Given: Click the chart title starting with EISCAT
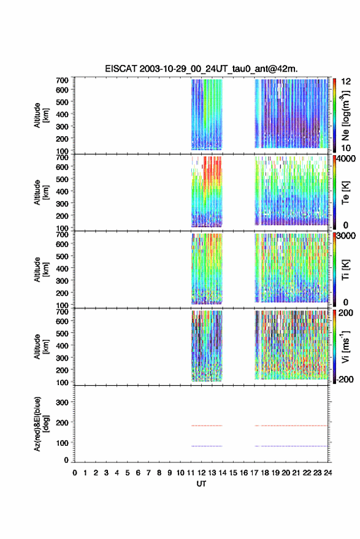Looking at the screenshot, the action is point(201,69).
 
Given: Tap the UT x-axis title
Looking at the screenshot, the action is point(201,484).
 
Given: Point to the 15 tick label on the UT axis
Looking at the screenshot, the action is point(233,473).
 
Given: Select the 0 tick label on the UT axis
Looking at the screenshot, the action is point(75,473).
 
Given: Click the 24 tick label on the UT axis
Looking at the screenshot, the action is point(327,473).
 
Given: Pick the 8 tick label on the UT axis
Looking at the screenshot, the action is point(159,473).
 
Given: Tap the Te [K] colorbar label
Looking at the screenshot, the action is point(345,193).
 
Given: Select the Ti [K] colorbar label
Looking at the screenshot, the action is point(345,270).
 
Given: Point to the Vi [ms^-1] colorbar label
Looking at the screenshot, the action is point(345,346).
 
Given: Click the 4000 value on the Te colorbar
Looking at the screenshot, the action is point(346,159).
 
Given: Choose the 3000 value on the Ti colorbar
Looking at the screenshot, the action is point(346,236).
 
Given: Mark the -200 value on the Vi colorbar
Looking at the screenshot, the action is point(345,379).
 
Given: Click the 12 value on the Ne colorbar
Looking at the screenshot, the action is point(346,82).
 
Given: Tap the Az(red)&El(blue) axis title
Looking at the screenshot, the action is point(40,424).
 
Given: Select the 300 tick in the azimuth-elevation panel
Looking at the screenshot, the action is point(62,402).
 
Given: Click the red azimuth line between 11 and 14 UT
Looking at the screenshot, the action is point(207,426).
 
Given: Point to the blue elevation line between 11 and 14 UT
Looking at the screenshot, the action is point(207,446).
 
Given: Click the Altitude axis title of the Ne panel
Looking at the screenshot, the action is point(41,115).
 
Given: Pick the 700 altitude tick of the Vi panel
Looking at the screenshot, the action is point(62,312).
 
